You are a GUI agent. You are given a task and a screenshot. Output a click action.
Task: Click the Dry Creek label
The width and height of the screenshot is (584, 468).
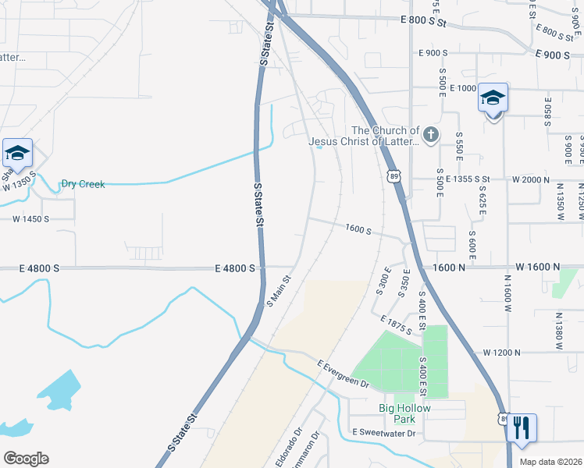click(x=83, y=184)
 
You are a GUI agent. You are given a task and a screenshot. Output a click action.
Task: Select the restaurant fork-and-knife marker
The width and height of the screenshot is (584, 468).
click(x=522, y=427)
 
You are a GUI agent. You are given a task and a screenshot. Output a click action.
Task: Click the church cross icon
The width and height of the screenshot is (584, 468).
click(x=431, y=136)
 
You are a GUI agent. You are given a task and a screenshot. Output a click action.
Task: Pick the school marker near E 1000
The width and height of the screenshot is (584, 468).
click(x=493, y=98)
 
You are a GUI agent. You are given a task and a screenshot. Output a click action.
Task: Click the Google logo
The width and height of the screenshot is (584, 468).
click(x=26, y=459)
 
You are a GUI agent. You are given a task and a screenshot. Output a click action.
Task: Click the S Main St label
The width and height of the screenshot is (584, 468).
click(x=279, y=289)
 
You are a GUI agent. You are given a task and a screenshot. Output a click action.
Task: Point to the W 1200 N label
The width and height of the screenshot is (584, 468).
click(x=501, y=353)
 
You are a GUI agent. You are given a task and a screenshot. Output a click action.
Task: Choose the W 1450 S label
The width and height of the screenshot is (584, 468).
click(x=30, y=219)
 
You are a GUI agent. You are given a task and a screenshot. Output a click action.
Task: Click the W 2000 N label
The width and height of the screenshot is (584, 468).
click(x=534, y=179)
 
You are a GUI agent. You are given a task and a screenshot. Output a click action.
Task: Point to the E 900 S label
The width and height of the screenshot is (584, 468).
click(x=433, y=53)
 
